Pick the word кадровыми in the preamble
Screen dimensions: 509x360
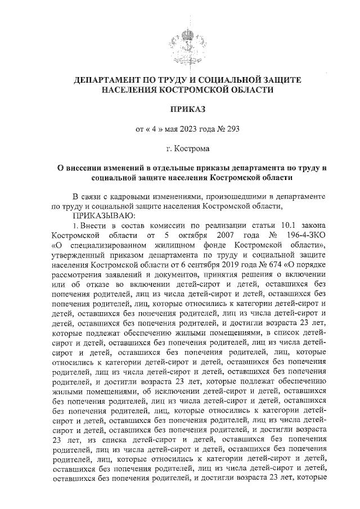(x=127, y=196)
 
